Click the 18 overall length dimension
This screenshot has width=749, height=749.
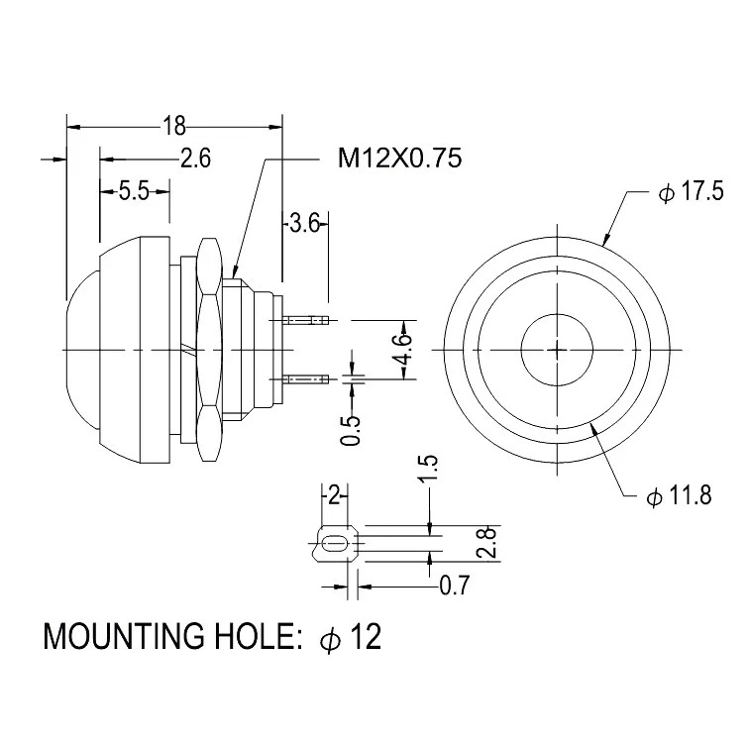coord(173,126)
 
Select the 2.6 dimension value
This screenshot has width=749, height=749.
coord(195,159)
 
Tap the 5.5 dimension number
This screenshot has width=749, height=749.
coord(133,192)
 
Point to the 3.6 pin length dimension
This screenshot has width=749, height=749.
coord(303,224)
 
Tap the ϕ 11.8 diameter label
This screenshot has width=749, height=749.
coord(679,497)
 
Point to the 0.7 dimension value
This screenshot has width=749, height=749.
coord(454,587)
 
